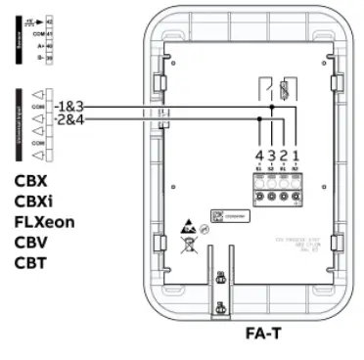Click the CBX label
(31, 181)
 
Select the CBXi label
(34, 202)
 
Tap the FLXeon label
(44, 222)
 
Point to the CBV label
(31, 243)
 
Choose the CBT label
(31, 263)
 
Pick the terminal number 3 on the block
(270, 156)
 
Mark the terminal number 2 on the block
(283, 156)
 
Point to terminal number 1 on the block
(295, 156)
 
